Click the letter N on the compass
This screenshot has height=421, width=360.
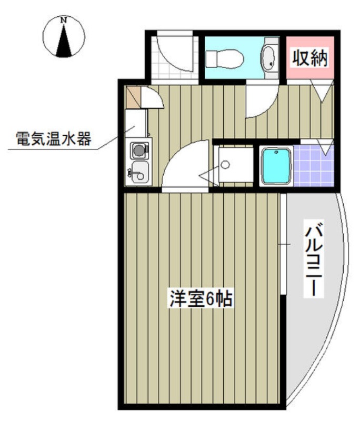64,20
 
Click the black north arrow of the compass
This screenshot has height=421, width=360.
64,41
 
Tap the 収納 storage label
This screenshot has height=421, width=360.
310,58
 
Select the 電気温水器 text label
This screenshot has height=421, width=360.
54,139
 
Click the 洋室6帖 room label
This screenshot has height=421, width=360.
201,298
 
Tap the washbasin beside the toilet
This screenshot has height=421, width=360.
269,58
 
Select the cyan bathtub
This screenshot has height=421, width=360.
276,166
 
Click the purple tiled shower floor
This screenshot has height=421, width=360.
314,166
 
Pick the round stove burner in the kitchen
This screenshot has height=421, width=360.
139,150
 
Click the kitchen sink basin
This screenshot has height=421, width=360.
139,172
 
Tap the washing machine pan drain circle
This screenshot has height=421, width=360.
225,164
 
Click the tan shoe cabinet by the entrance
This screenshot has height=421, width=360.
133,97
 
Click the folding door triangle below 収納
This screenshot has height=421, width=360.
322,91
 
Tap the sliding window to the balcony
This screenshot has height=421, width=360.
284,244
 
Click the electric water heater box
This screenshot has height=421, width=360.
136,123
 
